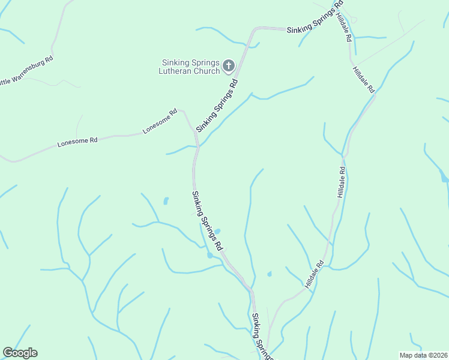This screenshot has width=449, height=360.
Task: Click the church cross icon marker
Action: [229, 65]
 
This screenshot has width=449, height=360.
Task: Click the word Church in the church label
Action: [207, 71]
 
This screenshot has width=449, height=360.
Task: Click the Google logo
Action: [20, 353]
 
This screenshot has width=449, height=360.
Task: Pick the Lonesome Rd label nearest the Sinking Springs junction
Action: [160, 121]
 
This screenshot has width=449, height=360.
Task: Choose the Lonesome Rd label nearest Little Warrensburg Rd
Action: [77, 142]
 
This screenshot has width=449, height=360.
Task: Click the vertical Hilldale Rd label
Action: [341, 182]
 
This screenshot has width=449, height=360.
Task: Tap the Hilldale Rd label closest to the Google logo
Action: [314, 275]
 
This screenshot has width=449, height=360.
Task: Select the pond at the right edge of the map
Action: [444, 178]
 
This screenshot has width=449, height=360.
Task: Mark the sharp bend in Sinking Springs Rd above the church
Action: [255, 29]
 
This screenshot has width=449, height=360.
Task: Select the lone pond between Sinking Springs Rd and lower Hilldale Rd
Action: [269, 274]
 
